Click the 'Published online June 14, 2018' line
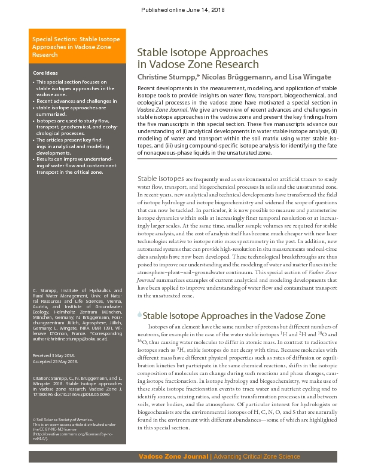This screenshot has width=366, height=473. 182,10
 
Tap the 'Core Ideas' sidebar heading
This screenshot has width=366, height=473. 46,73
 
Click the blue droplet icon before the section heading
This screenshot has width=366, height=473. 140,314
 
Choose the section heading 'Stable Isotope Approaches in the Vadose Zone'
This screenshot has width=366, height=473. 234,315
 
